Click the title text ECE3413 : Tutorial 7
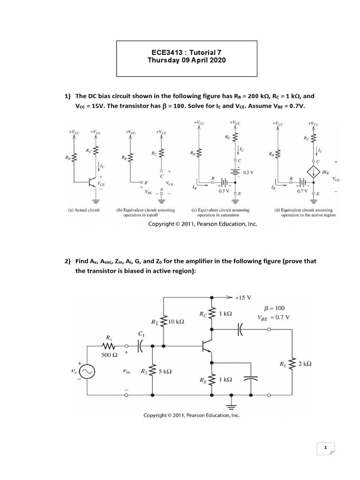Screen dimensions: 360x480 (x=187, y=52)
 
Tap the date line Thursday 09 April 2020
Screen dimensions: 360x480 (x=187, y=60)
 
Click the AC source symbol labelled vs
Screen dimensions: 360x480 (x=87, y=372)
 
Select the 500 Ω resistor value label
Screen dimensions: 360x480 (x=109, y=355)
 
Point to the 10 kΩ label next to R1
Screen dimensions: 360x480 (x=176, y=322)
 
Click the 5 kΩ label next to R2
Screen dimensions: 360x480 (x=165, y=371)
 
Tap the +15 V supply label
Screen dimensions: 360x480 (x=243, y=298)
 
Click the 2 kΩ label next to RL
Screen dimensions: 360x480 (x=305, y=364)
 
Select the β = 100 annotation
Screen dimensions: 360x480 (x=274, y=308)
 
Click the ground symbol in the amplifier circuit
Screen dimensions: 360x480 (x=232, y=405)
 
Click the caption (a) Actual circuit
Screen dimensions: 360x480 (x=83, y=210)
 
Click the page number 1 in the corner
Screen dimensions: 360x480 (x=325, y=447)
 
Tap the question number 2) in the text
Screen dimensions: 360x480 (x=67, y=261)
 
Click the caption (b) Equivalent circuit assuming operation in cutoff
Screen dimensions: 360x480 (x=146, y=212)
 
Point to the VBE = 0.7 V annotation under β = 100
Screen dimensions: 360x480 (x=274, y=318)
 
